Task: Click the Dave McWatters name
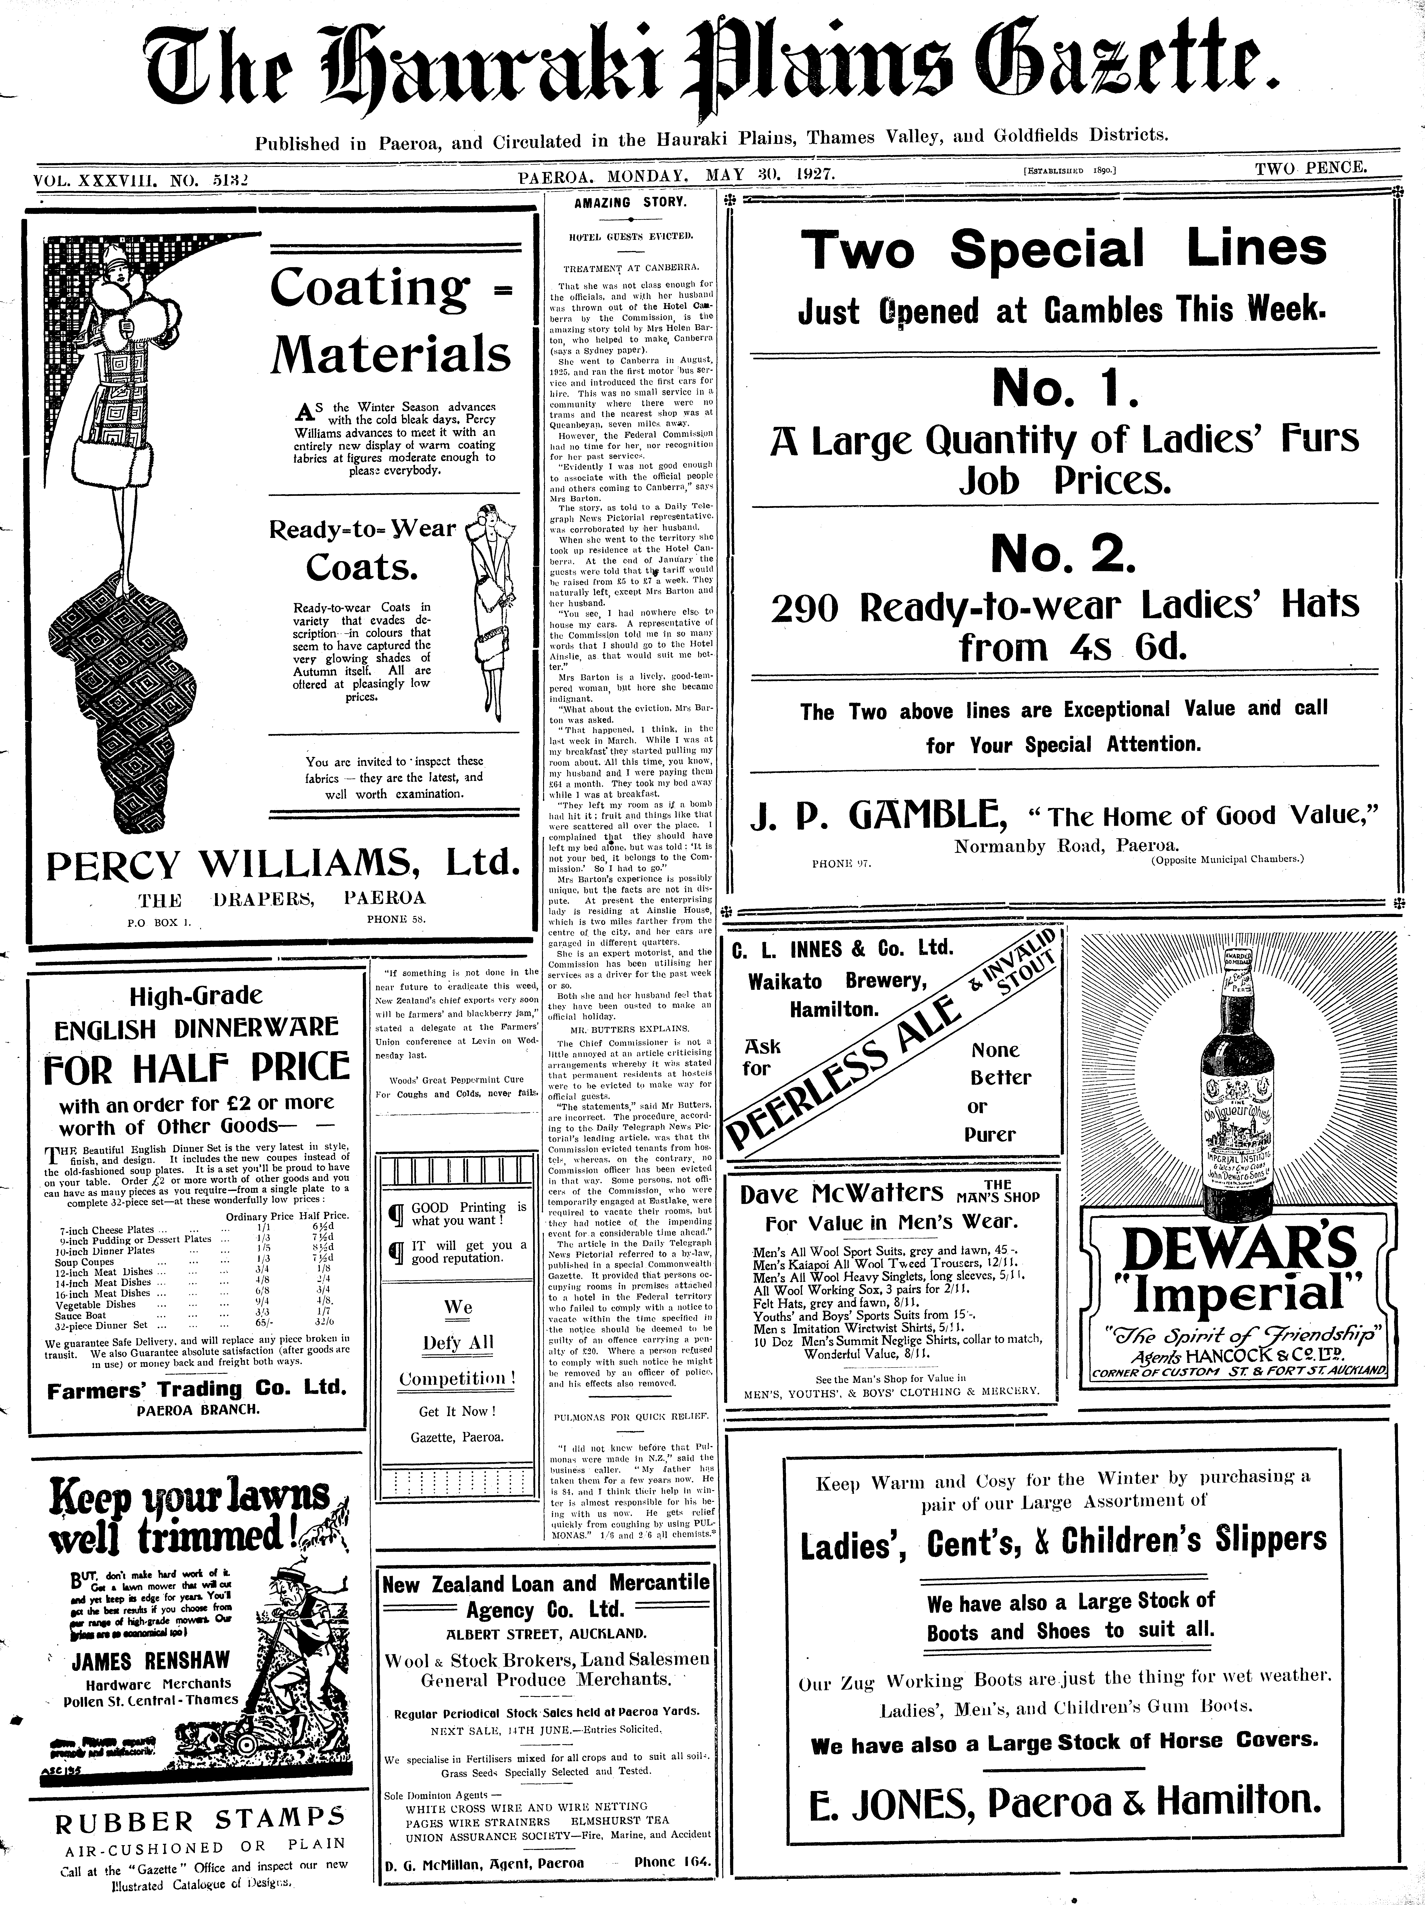point(842,1193)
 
